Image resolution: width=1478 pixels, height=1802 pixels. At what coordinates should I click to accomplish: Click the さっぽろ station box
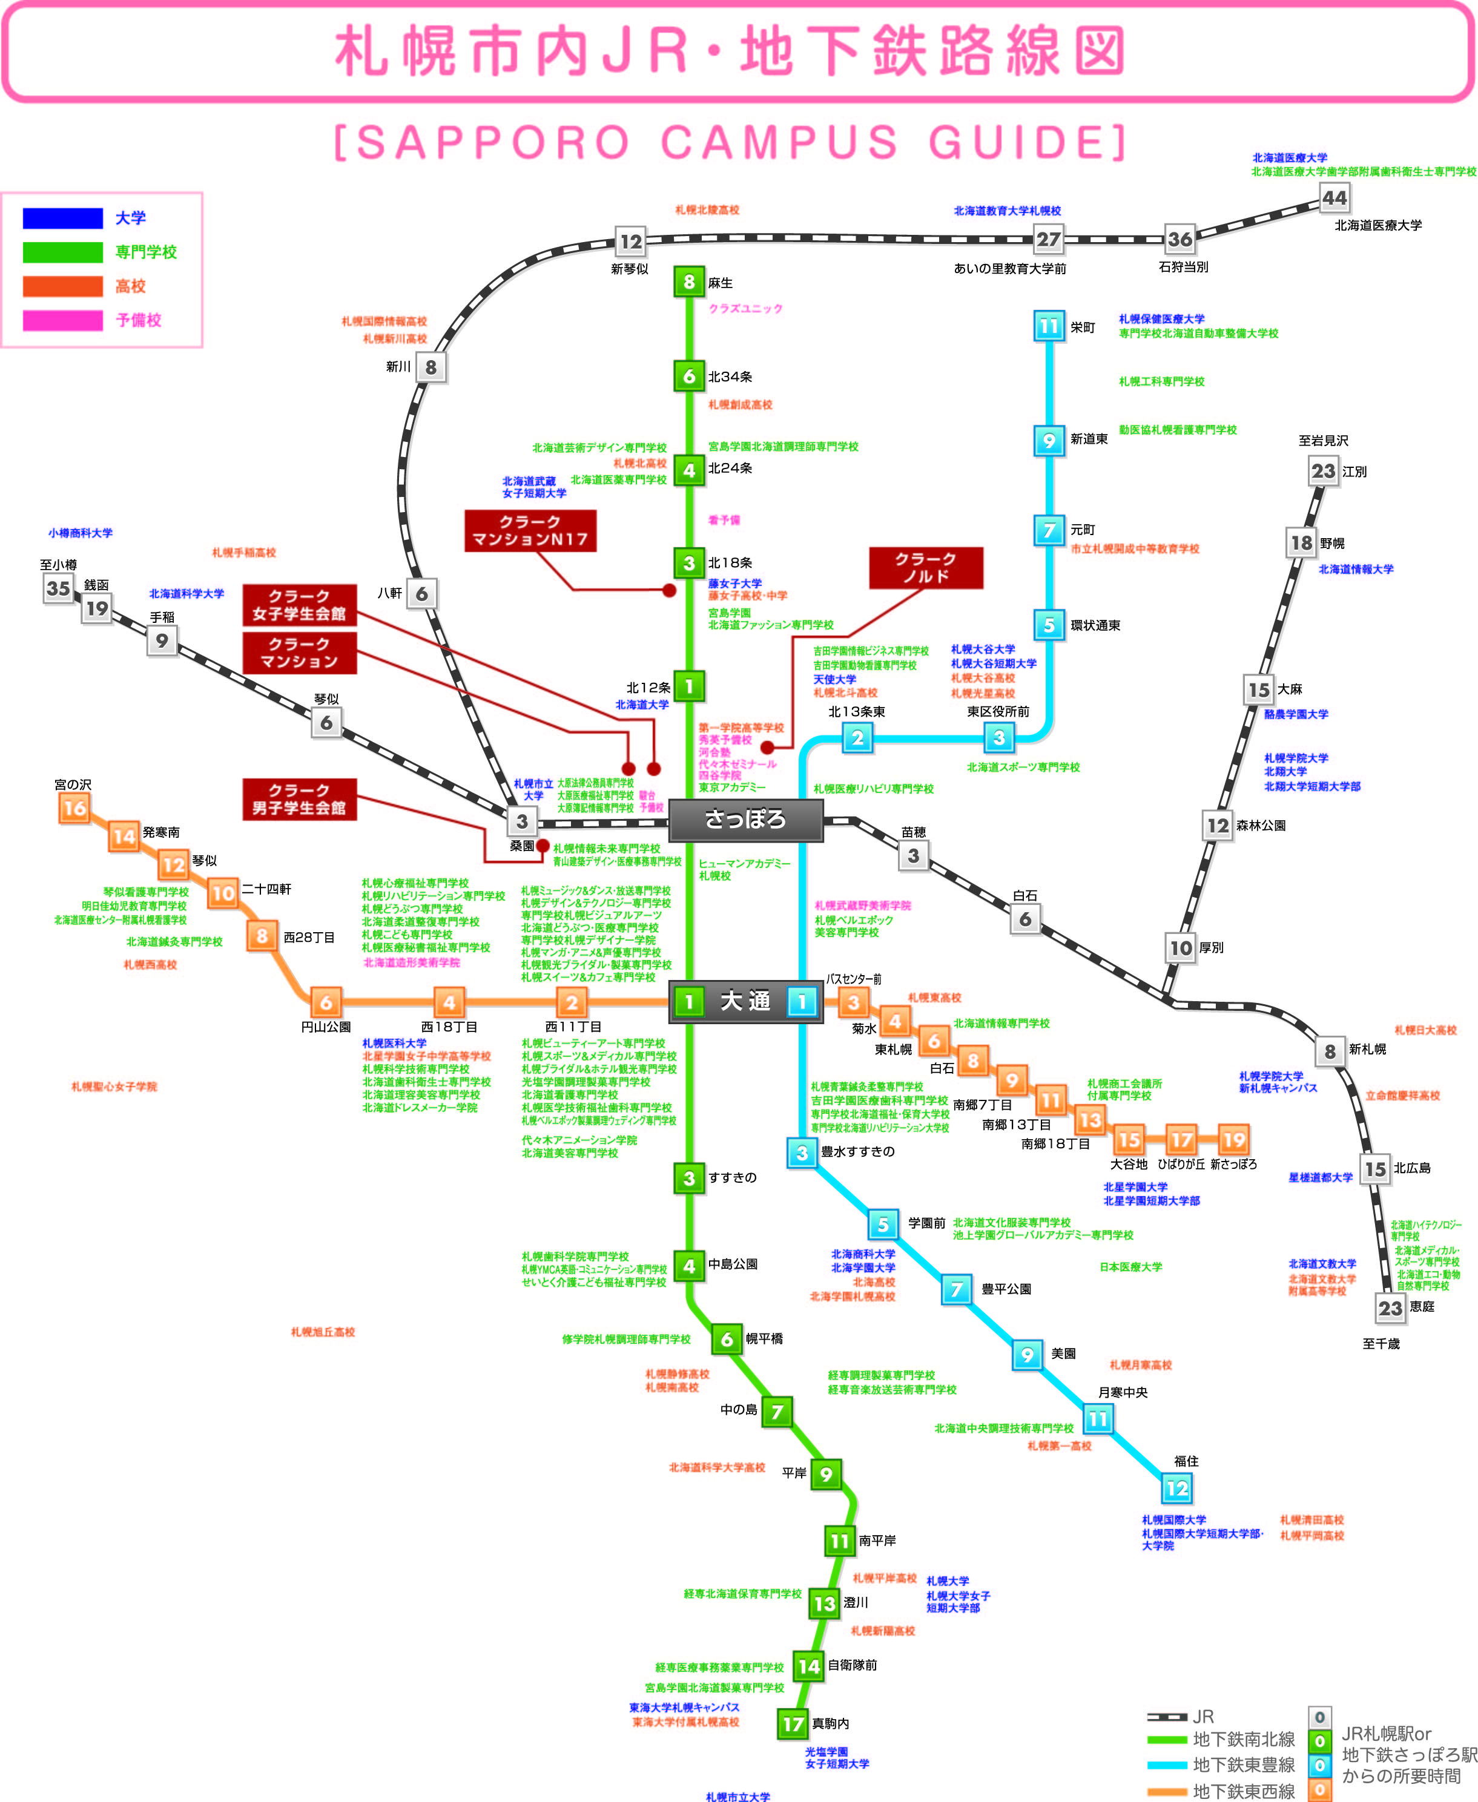746,820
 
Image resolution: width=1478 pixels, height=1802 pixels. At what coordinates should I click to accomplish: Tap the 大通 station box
746,1001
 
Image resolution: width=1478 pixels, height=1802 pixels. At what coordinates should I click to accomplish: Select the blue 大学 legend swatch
63,219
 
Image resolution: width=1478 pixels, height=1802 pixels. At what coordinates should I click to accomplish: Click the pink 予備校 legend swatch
63,321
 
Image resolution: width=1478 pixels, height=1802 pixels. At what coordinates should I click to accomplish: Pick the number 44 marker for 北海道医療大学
1334,199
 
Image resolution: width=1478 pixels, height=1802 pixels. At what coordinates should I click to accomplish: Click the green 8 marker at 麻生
689,281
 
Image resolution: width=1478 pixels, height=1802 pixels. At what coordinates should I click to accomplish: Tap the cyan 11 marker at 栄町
1049,326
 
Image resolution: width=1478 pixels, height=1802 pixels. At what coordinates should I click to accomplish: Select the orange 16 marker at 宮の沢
74,809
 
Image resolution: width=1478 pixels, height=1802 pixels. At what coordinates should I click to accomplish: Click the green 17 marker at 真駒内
793,1724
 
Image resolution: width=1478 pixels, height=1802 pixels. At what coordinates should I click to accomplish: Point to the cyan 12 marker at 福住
1176,1488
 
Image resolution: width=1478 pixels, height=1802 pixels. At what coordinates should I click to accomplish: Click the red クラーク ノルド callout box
925,568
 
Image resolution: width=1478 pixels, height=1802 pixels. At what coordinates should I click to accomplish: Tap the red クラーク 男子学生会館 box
299,799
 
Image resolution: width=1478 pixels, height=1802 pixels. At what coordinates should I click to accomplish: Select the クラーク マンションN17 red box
530,531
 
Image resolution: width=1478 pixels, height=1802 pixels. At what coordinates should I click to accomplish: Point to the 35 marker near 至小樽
58,588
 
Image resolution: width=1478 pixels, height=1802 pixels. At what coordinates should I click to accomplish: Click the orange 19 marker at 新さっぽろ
1233,1139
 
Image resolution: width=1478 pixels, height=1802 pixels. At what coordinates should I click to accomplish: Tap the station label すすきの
732,1178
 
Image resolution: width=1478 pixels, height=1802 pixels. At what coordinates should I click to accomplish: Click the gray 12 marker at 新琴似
631,242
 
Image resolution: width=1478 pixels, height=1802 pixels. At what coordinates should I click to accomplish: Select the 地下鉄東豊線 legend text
1243,1764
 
